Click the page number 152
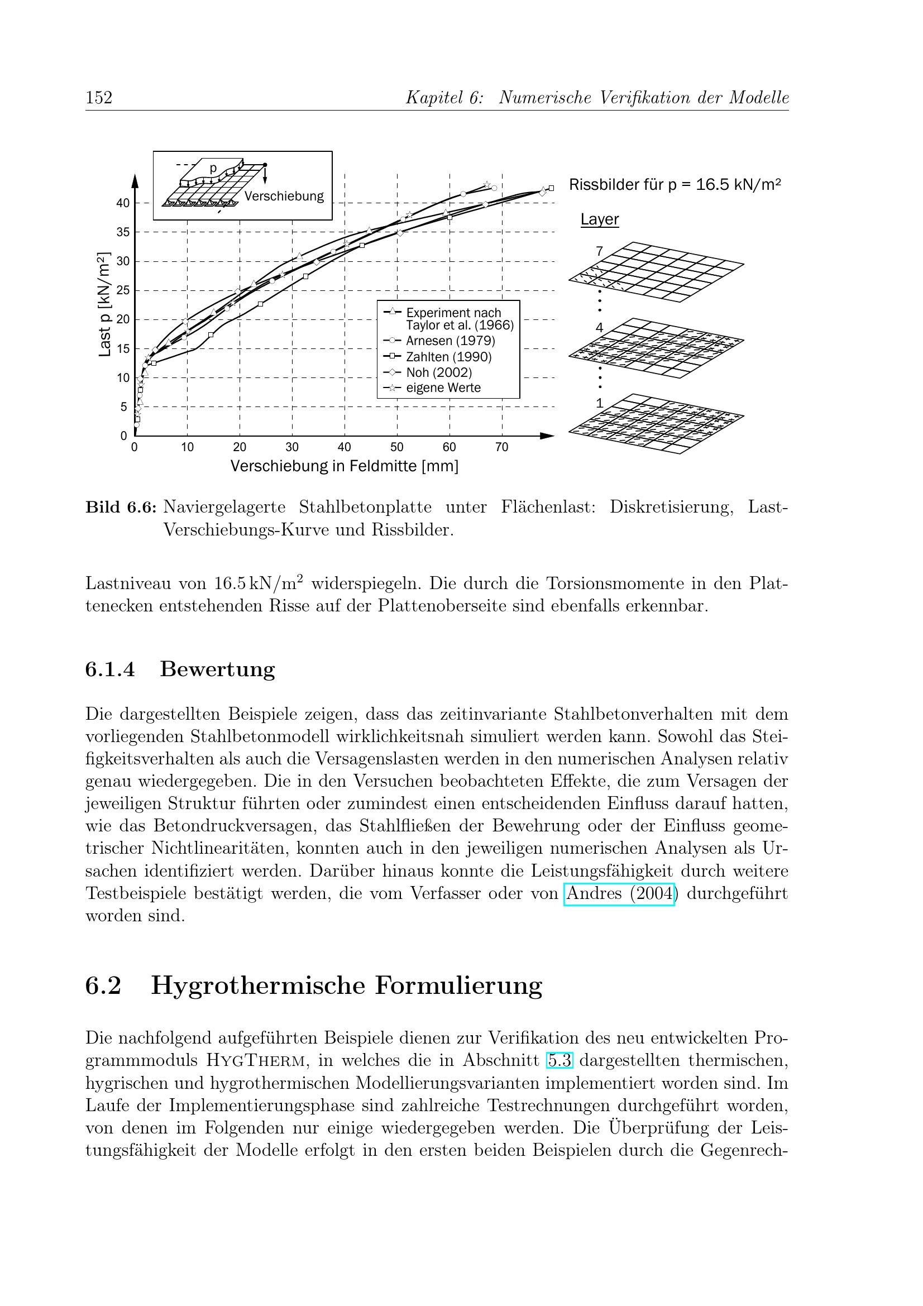[99, 98]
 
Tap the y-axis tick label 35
[123, 232]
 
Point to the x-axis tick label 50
[396, 447]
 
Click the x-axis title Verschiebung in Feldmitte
[344, 466]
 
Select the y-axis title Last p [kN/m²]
[104, 304]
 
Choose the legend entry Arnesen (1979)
[451, 341]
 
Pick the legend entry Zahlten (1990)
[449, 357]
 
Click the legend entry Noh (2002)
[438, 372]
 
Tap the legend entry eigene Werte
[443, 388]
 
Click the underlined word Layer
[599, 219]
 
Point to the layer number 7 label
[599, 251]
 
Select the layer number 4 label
[599, 327]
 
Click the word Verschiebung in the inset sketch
[284, 196]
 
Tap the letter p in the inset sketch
[213, 168]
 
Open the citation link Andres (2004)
[619, 893]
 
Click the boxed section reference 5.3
[559, 1060]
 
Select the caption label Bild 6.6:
[121, 507]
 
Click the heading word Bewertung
[217, 669]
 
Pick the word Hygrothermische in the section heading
[257, 985]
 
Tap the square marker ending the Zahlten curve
[551, 188]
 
